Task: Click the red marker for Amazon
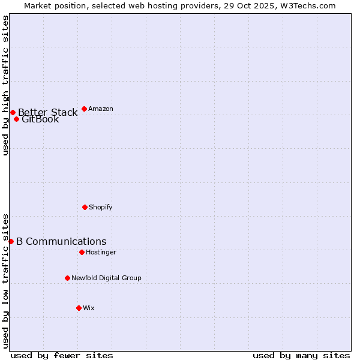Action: pyautogui.click(x=84, y=109)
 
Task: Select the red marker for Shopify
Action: pyautogui.click(x=85, y=207)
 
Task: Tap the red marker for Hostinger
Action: pyautogui.click(x=82, y=252)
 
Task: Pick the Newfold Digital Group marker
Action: pyautogui.click(x=67, y=278)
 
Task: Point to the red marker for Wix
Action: pyautogui.click(x=79, y=308)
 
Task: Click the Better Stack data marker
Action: pyautogui.click(x=13, y=112)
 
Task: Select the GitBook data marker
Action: pyautogui.click(x=16, y=119)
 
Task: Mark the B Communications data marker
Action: pyautogui.click(x=11, y=241)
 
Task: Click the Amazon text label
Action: pyautogui.click(x=101, y=109)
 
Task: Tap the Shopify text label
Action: pyautogui.click(x=101, y=207)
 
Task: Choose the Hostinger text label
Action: pyautogui.click(x=101, y=252)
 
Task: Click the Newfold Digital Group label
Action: pyautogui.click(x=107, y=278)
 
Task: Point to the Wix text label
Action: pyautogui.click(x=89, y=308)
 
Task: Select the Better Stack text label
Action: pyautogui.click(x=48, y=112)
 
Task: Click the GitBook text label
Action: pyautogui.click(x=40, y=119)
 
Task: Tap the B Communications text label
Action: pyautogui.click(x=61, y=241)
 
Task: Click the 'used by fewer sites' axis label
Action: pyautogui.click(x=62, y=355)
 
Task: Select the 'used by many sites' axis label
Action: pyautogui.click(x=301, y=355)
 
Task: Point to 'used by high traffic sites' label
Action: pyautogui.click(x=5, y=85)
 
